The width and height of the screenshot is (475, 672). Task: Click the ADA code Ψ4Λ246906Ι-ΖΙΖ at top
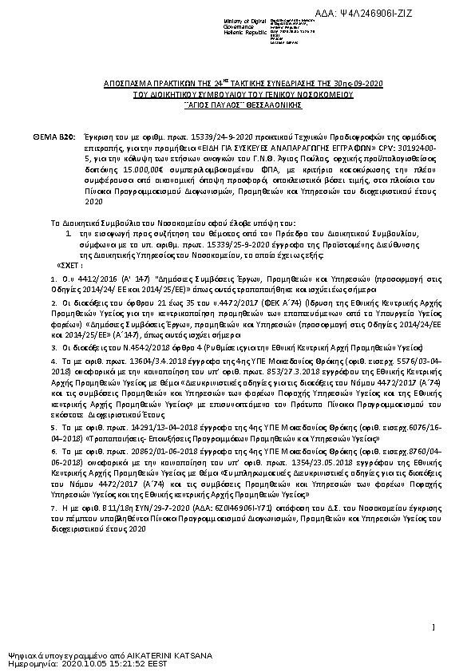coord(428,14)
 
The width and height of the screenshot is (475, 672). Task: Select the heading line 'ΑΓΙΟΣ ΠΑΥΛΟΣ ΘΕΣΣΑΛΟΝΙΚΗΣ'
coord(238,104)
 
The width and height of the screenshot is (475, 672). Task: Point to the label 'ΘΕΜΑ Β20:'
coord(53,138)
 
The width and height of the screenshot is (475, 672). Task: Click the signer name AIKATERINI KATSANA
coord(170,655)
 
